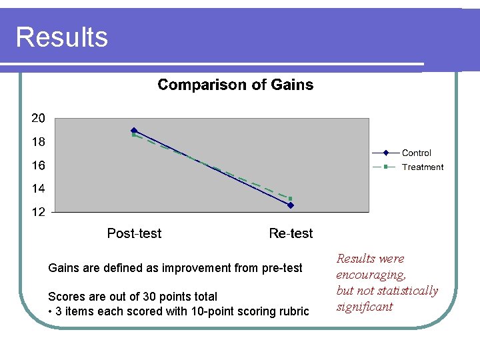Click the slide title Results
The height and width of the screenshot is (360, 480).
click(61, 37)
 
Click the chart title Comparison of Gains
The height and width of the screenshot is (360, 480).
click(235, 85)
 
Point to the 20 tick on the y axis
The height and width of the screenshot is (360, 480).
click(39, 119)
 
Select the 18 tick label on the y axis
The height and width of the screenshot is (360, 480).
click(39, 142)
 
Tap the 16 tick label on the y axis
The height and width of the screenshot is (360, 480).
click(39, 165)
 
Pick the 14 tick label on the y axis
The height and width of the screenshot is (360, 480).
click(39, 189)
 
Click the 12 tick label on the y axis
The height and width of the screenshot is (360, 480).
click(39, 212)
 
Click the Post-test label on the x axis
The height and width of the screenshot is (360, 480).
click(134, 233)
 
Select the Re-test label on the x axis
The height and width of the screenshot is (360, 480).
click(291, 233)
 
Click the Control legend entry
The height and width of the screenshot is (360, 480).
click(416, 153)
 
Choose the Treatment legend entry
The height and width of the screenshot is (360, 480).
click(422, 167)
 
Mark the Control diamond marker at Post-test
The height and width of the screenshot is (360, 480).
click(134, 130)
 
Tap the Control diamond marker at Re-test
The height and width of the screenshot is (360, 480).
click(291, 205)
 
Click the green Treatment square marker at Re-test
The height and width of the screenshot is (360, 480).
click(291, 199)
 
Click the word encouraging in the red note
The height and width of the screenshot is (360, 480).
click(371, 275)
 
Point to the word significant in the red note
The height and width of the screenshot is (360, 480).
click(365, 307)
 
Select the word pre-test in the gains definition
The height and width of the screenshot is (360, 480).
click(279, 268)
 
